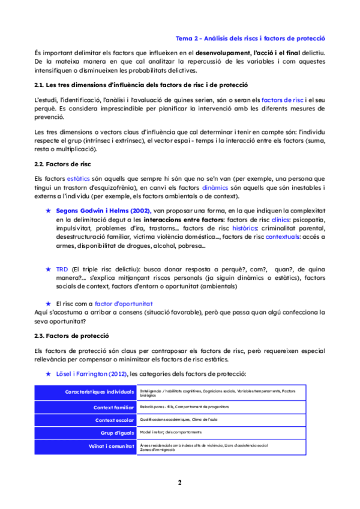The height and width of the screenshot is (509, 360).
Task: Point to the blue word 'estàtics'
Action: [77, 179]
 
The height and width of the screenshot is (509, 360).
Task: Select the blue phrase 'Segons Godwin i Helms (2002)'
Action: [104, 211]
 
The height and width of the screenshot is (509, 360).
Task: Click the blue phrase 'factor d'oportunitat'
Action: [124, 304]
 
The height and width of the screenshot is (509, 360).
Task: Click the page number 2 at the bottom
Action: [179, 482]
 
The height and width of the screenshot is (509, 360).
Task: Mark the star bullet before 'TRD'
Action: [49, 270]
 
